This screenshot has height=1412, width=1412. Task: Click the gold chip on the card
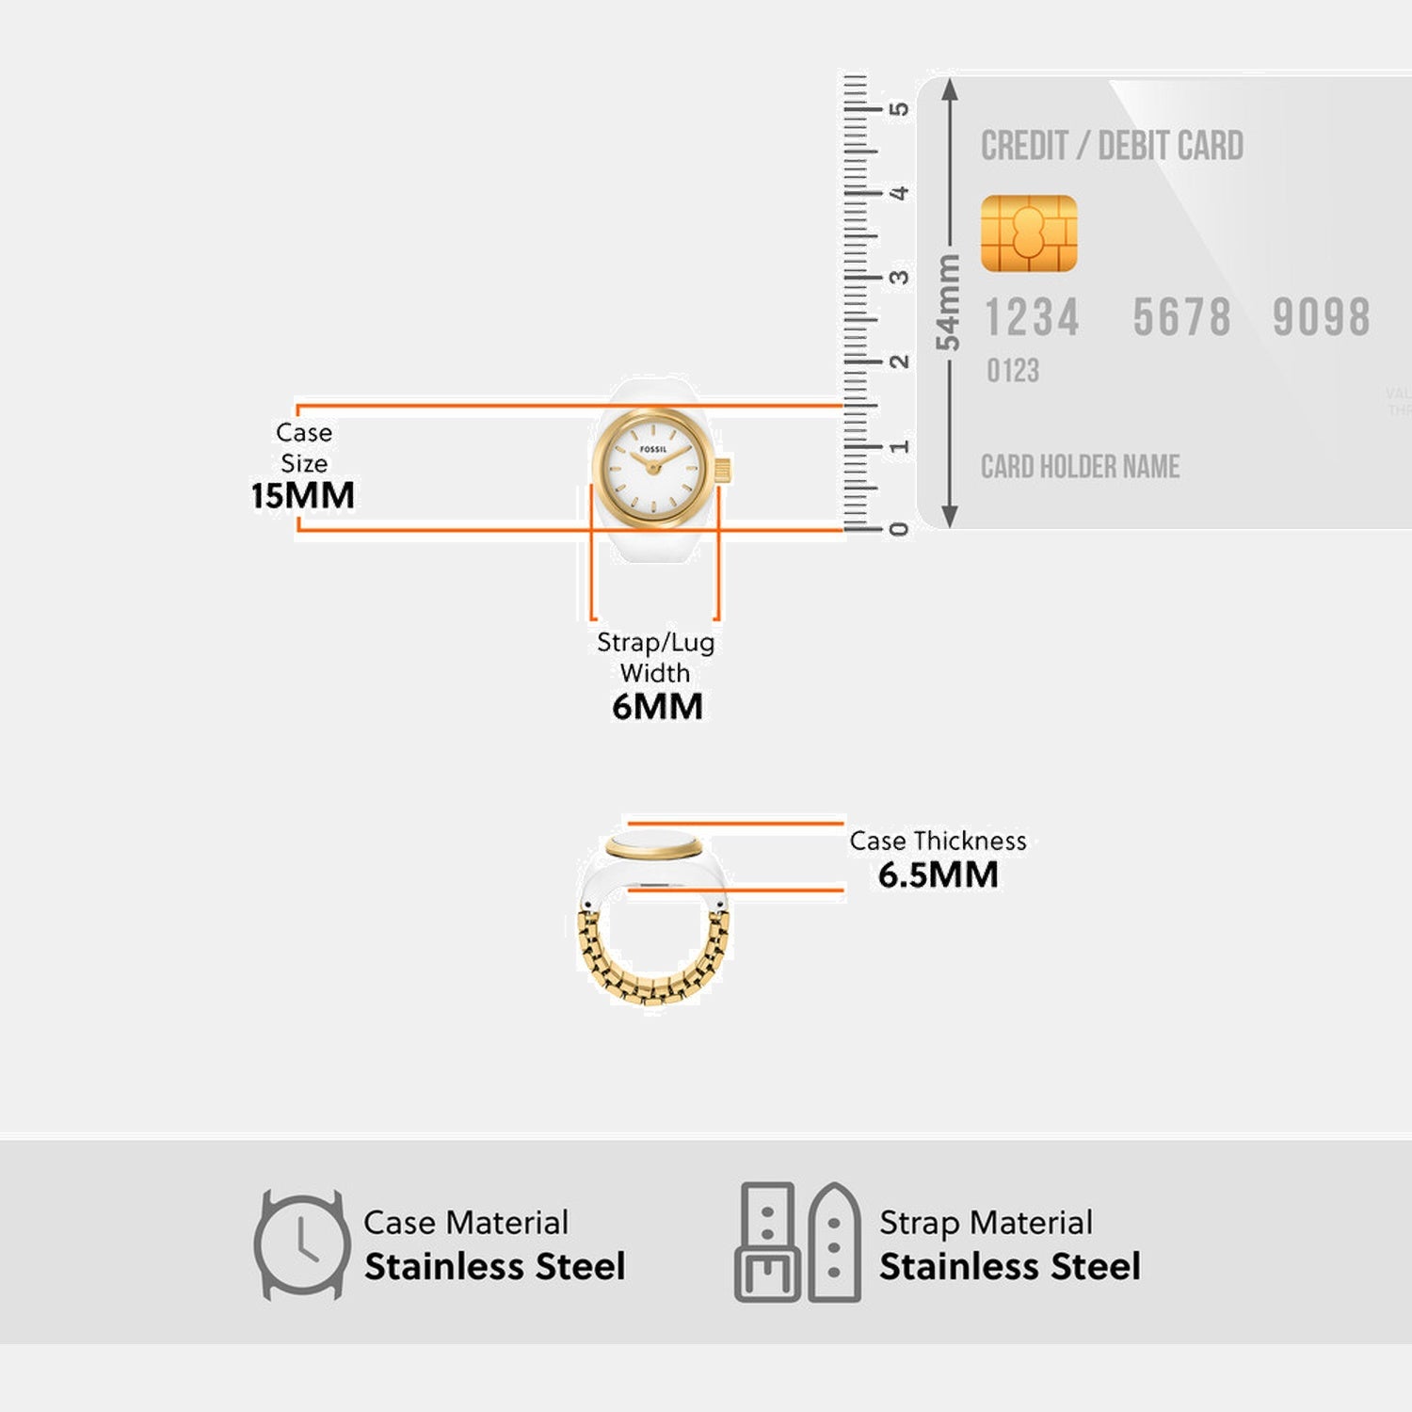click(x=1029, y=233)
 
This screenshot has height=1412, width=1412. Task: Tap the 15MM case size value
click(x=303, y=496)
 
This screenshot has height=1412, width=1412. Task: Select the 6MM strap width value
click(x=657, y=706)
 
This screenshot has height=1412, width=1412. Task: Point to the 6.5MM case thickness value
click(x=938, y=875)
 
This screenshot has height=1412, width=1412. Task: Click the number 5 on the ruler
click(x=900, y=109)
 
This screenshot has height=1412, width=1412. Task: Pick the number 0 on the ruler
click(x=900, y=529)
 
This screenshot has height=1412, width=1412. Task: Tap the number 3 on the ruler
click(x=900, y=278)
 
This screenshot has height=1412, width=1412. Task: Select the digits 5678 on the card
click(x=1181, y=317)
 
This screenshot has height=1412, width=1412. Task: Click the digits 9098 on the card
click(x=1321, y=317)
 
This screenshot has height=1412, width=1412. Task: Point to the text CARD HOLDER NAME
click(x=1080, y=467)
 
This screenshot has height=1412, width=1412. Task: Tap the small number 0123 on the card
click(x=1013, y=371)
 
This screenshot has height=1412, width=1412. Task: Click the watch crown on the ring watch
click(x=723, y=470)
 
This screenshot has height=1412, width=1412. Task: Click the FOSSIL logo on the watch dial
click(x=653, y=449)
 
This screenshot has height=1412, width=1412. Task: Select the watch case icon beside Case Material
click(x=301, y=1244)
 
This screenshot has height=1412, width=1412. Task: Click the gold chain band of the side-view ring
click(x=652, y=979)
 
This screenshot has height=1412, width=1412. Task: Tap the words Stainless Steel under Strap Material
click(x=1009, y=1267)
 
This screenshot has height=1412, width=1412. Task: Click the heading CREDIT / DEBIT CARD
click(x=1112, y=147)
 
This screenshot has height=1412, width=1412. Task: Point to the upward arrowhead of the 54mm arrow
click(x=950, y=88)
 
